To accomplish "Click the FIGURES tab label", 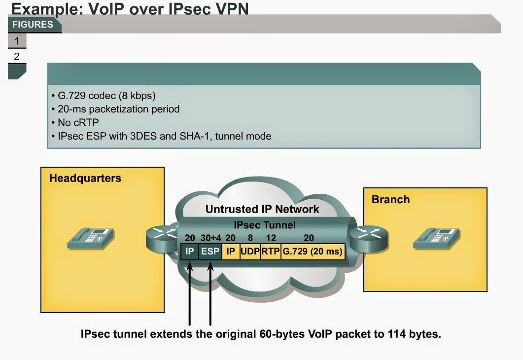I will [x=33, y=25].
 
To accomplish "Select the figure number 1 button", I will [x=17, y=41].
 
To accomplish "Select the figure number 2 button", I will [x=17, y=56].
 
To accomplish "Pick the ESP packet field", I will [x=210, y=251].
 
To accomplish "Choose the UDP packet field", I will [x=250, y=251].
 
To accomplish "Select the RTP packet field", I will [x=271, y=251].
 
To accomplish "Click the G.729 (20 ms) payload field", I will [x=313, y=251].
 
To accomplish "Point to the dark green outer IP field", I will [x=190, y=251].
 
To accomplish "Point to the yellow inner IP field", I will [x=230, y=251].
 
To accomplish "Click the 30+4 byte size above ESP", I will [x=210, y=237].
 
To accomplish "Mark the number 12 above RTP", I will [x=271, y=237].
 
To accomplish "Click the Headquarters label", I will [x=85, y=178].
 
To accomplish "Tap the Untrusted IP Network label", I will [x=262, y=209].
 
